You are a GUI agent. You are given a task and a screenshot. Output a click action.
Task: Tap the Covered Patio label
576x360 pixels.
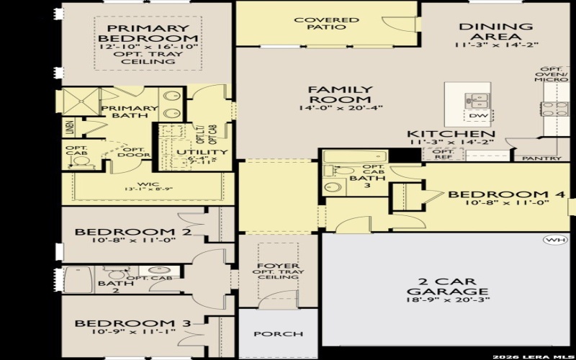(327, 23)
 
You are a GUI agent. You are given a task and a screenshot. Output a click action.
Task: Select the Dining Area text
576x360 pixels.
(496, 32)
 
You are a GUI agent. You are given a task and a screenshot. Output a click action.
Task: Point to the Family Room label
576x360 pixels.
(340, 94)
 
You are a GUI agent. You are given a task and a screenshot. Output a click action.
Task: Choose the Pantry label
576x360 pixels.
(541, 158)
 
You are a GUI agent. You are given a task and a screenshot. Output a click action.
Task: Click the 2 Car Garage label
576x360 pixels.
(437, 286)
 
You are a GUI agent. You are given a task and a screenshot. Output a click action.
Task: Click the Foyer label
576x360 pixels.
(277, 266)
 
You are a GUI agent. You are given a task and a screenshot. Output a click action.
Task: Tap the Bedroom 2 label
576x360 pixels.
(132, 232)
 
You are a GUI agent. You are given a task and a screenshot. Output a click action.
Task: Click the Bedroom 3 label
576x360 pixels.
(132, 323)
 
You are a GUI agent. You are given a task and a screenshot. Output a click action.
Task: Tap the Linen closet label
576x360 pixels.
(69, 127)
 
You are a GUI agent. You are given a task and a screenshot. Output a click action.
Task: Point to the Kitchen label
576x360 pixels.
(451, 134)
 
